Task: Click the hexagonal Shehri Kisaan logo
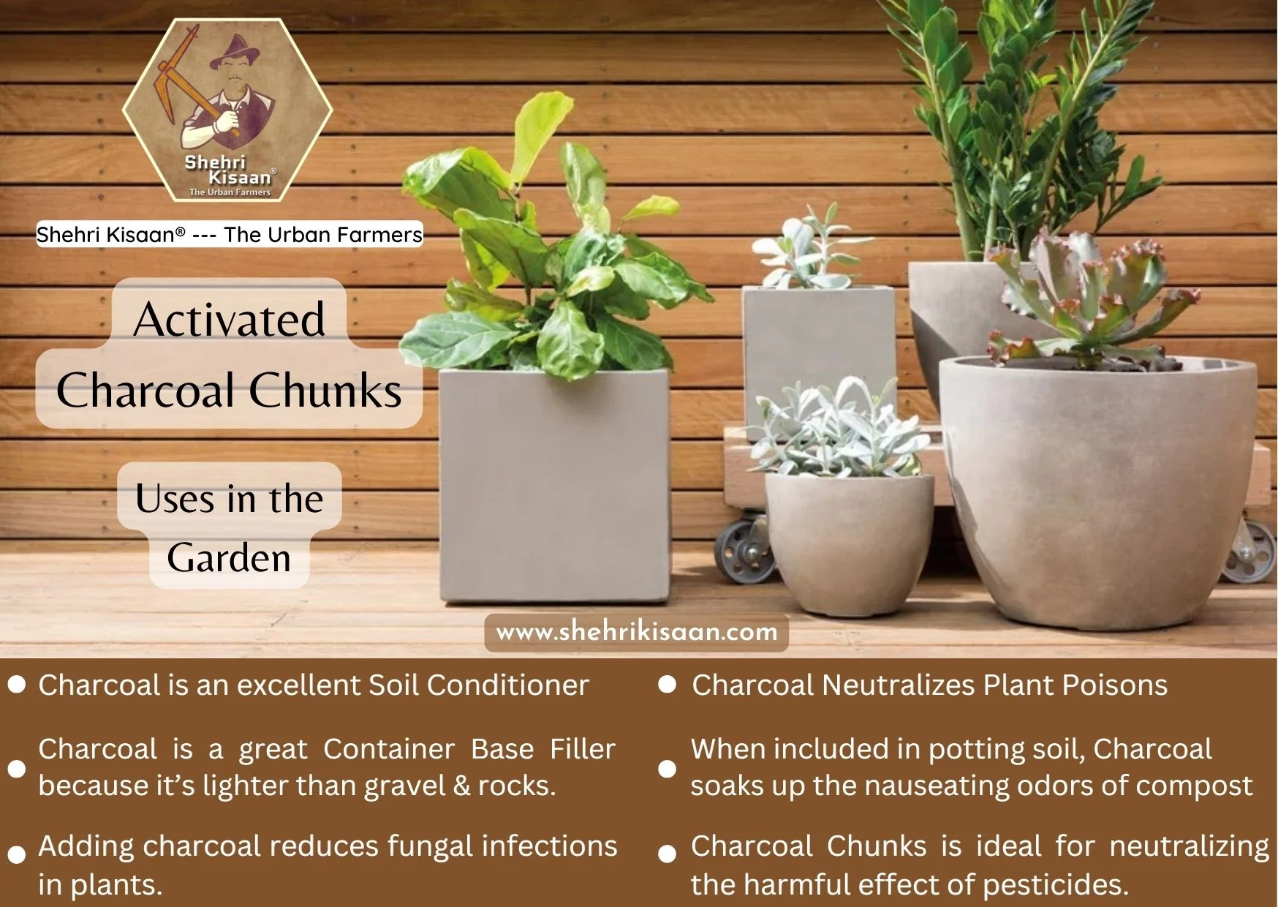pos(227,110)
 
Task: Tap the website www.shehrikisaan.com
pos(636,632)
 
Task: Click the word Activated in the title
pos(229,320)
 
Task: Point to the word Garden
pos(229,558)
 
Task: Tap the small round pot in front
pos(848,541)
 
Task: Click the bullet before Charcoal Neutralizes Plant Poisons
pos(667,685)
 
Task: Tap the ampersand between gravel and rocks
pos(461,786)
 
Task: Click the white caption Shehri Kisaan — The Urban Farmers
pos(229,235)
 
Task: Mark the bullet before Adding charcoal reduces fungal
pos(16,854)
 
